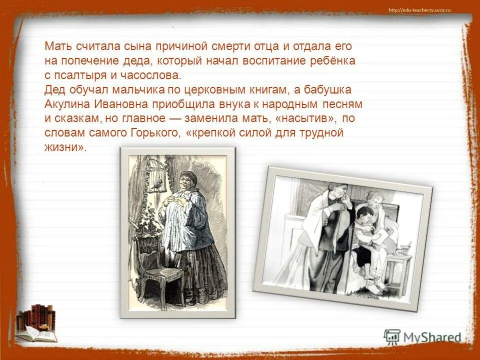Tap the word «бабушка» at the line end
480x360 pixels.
pyautogui.click(x=330, y=90)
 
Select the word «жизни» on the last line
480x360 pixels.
pyautogui.click(x=60, y=148)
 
